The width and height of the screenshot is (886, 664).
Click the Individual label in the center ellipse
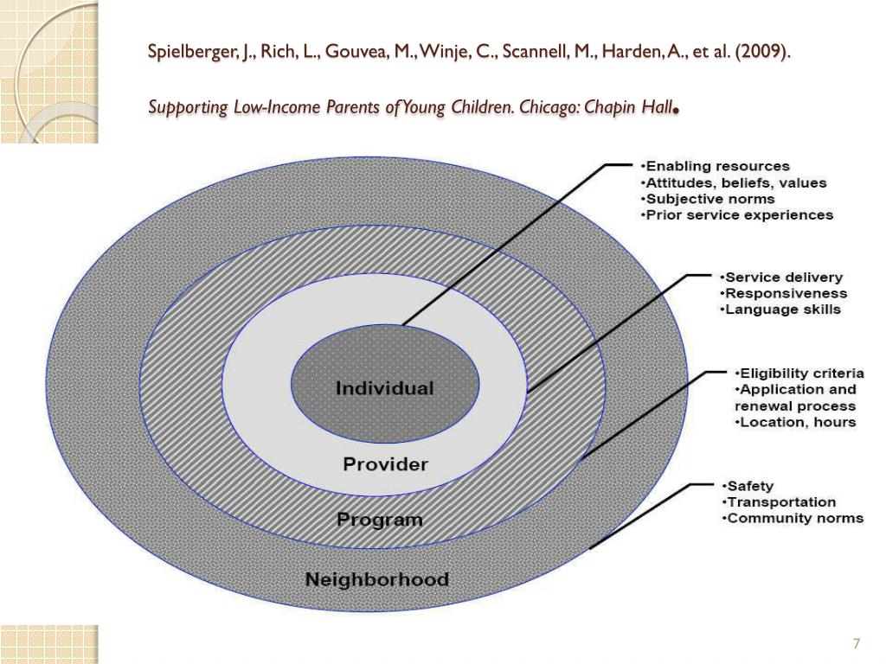[384, 388]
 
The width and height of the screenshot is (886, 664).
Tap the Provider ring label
[385, 464]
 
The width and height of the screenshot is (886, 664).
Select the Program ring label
[380, 520]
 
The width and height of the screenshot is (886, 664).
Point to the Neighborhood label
[376, 578]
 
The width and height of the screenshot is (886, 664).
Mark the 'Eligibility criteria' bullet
[799, 373]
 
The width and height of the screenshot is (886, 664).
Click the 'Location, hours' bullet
[795, 422]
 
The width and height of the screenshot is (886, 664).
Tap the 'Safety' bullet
[749, 486]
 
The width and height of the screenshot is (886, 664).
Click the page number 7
[857, 644]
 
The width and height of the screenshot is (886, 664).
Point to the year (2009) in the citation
[762, 53]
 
